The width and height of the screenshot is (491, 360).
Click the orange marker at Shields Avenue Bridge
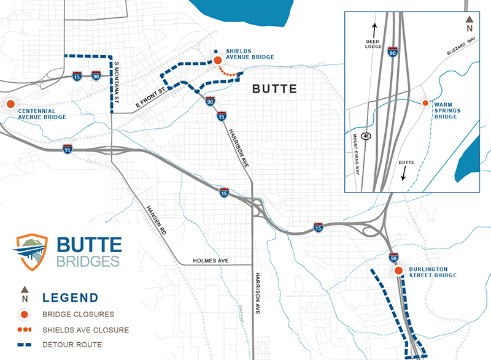coord(217,60)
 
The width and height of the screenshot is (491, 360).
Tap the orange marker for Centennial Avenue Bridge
coord(10,104)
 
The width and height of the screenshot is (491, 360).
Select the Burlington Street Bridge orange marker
coord(398,271)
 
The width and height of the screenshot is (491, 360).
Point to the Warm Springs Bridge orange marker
coord(424,104)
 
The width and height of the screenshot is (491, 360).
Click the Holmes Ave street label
coord(211,261)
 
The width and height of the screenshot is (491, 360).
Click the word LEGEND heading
coord(70,298)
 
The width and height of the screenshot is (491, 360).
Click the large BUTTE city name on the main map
coord(275,89)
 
